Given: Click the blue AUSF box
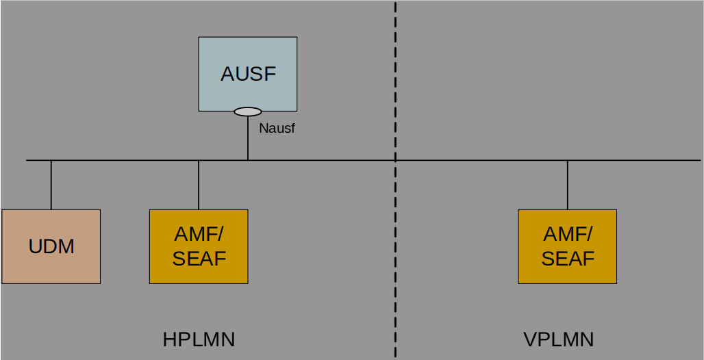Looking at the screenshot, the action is (x=248, y=74).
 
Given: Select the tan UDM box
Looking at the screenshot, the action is (x=51, y=246).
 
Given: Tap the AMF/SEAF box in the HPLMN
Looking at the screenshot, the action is (x=199, y=246).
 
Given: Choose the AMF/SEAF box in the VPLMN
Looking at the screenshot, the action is (x=568, y=246).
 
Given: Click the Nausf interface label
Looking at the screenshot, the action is (x=277, y=129).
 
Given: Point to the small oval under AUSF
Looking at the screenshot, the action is (x=248, y=112).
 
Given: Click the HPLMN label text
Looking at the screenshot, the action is (x=199, y=339).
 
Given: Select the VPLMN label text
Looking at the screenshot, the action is (x=559, y=339).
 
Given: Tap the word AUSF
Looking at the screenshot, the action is (x=248, y=74).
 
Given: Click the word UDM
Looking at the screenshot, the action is (x=51, y=246).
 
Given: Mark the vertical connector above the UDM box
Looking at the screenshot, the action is (x=51, y=185).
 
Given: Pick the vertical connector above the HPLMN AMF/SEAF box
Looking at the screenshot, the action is (x=199, y=185).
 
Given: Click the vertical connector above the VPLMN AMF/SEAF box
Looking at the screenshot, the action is (x=568, y=185).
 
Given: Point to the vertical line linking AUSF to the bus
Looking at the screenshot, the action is (x=248, y=138).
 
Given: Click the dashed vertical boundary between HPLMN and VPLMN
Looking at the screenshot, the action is (x=395, y=179).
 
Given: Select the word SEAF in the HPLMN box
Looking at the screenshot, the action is (x=199, y=259).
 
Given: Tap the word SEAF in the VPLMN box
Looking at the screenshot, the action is (x=568, y=259).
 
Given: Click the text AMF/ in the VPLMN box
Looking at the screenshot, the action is (x=568, y=234).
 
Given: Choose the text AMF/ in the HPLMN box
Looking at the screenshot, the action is (x=199, y=234).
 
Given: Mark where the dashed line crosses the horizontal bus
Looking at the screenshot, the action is (x=395, y=160).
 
